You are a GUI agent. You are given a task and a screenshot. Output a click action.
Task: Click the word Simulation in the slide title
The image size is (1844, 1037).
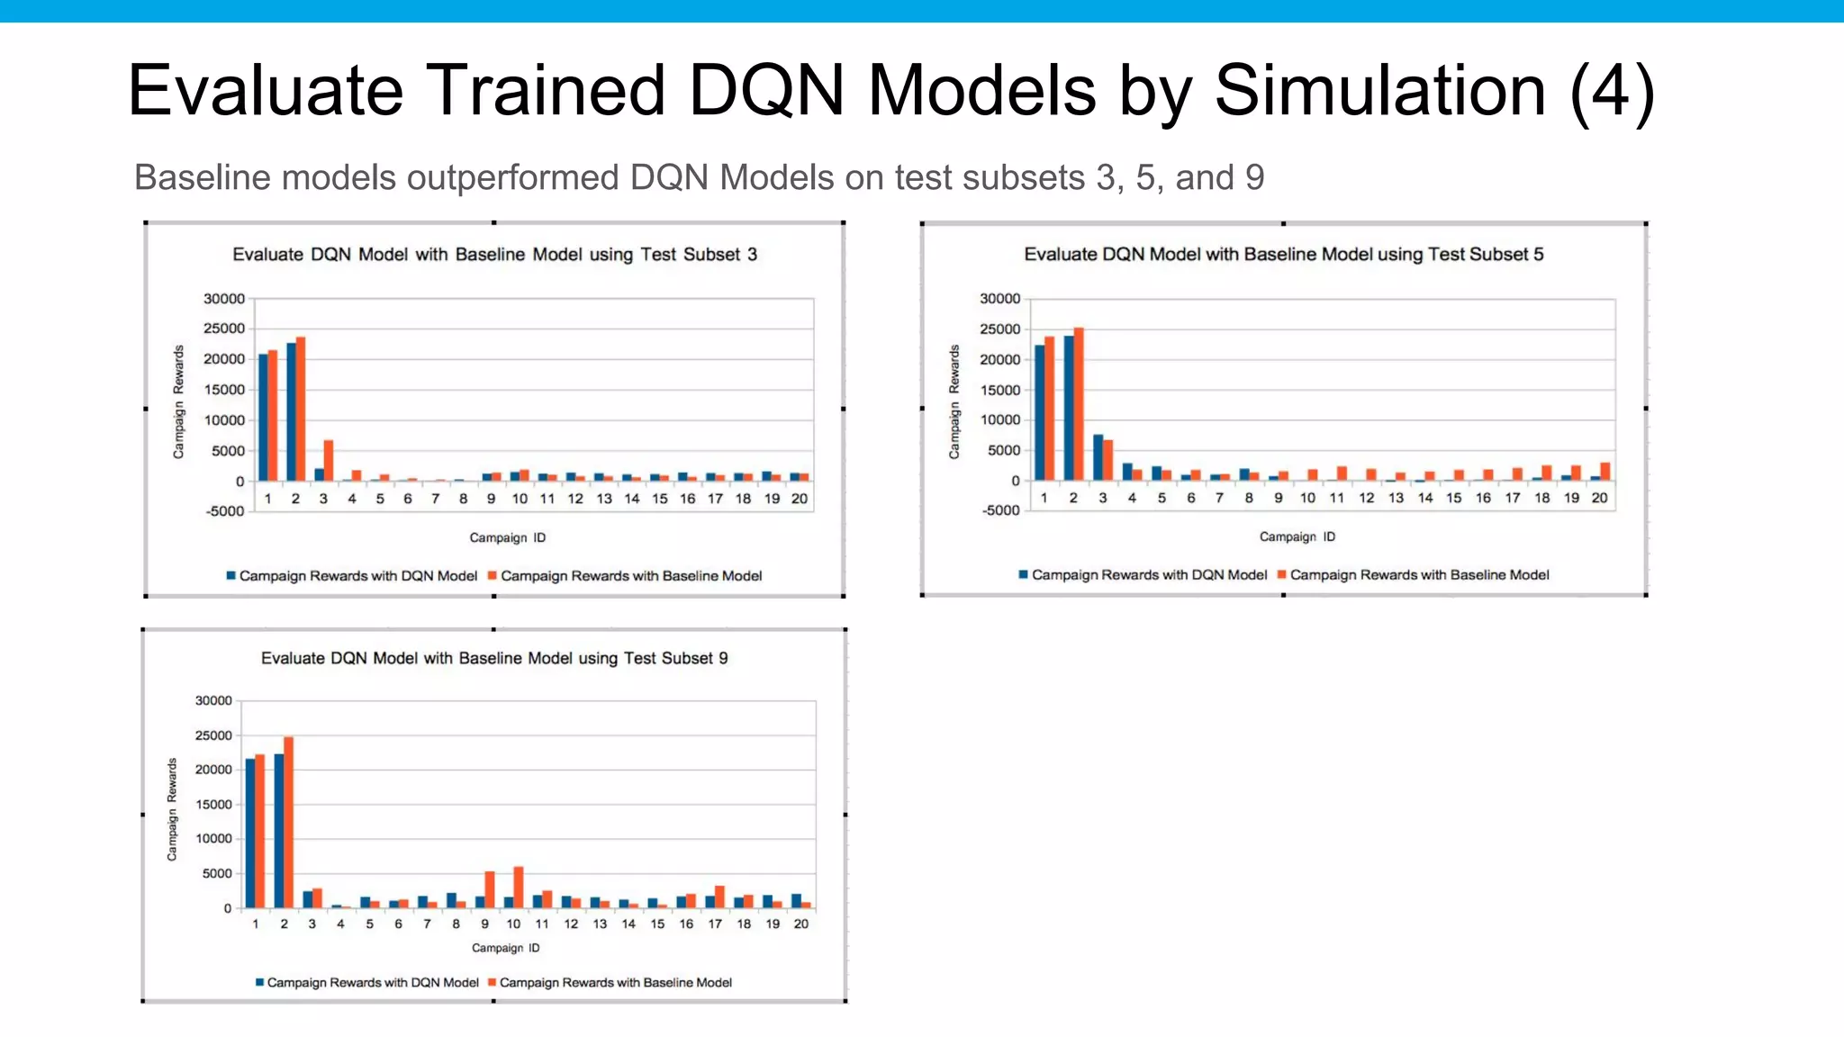coord(1379,91)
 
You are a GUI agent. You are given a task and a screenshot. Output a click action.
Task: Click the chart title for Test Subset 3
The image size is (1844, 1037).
coord(494,255)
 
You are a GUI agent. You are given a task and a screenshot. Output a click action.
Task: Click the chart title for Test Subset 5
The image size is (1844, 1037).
coord(1283,255)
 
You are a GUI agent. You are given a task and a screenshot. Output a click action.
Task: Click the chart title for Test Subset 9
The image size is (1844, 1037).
coord(494,658)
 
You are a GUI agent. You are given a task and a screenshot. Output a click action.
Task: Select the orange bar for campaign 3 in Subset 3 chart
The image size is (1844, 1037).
coord(329,461)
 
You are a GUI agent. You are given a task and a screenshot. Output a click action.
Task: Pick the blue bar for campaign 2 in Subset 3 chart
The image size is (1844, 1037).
coord(291,411)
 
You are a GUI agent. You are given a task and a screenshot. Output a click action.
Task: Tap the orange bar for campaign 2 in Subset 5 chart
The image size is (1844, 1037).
coord(1079,404)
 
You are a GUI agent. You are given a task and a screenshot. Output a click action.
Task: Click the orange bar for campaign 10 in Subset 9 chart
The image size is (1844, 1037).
coord(519,888)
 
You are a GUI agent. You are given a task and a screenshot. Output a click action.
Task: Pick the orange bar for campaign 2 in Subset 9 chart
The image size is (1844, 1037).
coord(288,822)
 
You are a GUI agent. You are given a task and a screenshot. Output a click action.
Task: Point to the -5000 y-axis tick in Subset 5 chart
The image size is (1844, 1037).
coord(1000,510)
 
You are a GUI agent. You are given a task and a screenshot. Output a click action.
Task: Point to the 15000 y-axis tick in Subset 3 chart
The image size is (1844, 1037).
coord(224,390)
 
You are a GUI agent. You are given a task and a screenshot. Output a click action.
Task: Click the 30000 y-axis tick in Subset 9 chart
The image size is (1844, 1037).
coord(213,700)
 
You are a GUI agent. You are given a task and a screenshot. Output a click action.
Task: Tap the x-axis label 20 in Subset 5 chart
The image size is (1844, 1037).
coord(1599,498)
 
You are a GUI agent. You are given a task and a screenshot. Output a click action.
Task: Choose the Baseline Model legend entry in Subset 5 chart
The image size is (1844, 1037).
coord(1419,575)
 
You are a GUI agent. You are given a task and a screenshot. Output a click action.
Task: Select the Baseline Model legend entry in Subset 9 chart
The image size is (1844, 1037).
coord(615,983)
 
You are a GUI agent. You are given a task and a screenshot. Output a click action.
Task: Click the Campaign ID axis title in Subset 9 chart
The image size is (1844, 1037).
coord(506,948)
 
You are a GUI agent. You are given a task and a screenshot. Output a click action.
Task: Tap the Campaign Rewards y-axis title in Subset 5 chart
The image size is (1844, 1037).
coord(954,401)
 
